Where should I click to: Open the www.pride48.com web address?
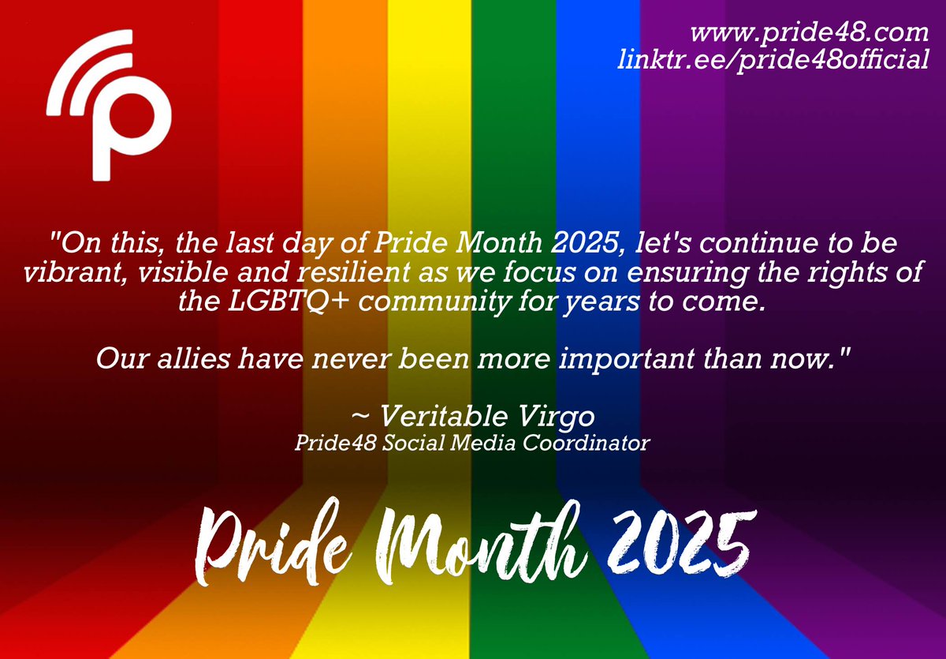pyautogui.click(x=809, y=35)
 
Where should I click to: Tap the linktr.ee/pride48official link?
pyautogui.click(x=775, y=60)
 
